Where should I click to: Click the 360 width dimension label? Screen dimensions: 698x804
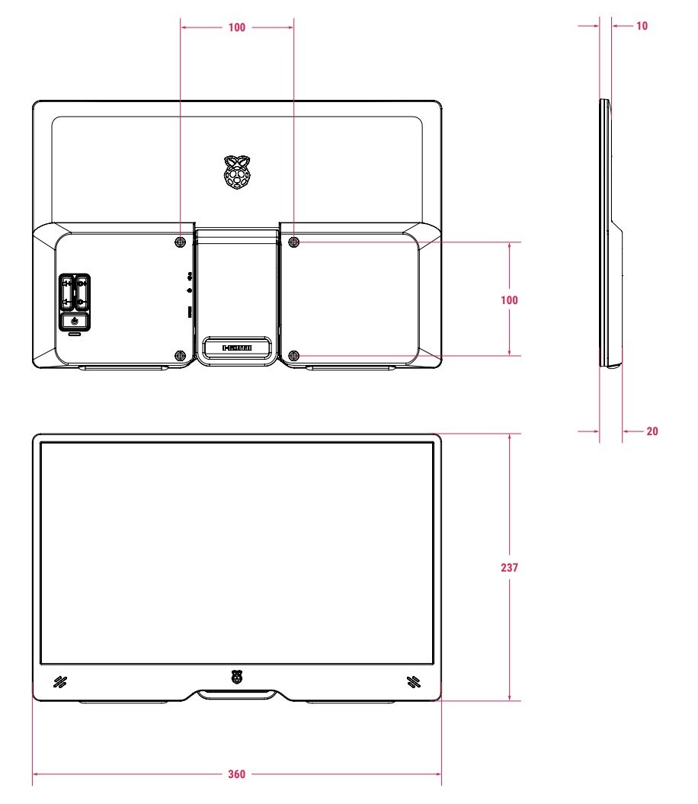[x=236, y=774]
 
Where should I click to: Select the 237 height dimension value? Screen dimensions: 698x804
[x=509, y=567]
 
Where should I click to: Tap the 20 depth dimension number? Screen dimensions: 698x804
[x=652, y=431]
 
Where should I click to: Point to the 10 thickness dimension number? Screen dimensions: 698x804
[x=642, y=26]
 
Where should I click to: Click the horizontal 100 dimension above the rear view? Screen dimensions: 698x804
[x=236, y=27]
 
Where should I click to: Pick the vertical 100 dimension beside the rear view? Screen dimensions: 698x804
[x=509, y=300]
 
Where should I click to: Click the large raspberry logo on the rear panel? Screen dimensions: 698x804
[x=237, y=172]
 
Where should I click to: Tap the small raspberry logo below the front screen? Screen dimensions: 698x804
[x=237, y=677]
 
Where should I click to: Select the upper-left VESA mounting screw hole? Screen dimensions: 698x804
[x=180, y=242]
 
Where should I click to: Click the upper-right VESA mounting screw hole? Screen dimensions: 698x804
[x=294, y=242]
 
